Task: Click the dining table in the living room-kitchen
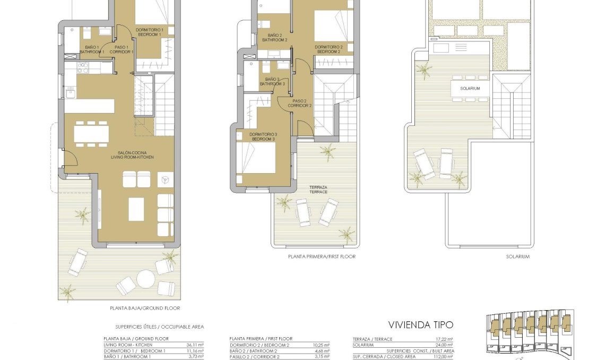pyautogui.click(x=91, y=134)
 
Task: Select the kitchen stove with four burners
pyautogui.click(x=83, y=67)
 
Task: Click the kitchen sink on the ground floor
pyautogui.click(x=71, y=93)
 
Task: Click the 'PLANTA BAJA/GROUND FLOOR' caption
pyautogui.click(x=145, y=308)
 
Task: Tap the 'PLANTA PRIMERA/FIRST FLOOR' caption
pyautogui.click(x=322, y=256)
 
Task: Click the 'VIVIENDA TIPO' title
pyautogui.click(x=421, y=324)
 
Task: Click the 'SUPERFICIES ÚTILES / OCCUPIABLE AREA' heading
pyautogui.click(x=159, y=327)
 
